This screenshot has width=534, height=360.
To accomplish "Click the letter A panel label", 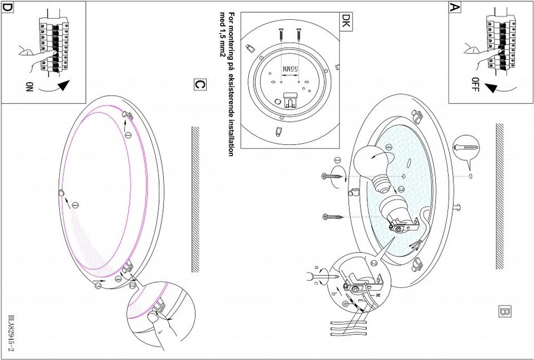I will pos(454,7).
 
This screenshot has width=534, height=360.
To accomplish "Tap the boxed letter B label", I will pos(505,311).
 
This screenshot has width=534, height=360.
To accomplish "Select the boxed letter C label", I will pos(198,85).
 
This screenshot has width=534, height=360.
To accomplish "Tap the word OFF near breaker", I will pos(475,84).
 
